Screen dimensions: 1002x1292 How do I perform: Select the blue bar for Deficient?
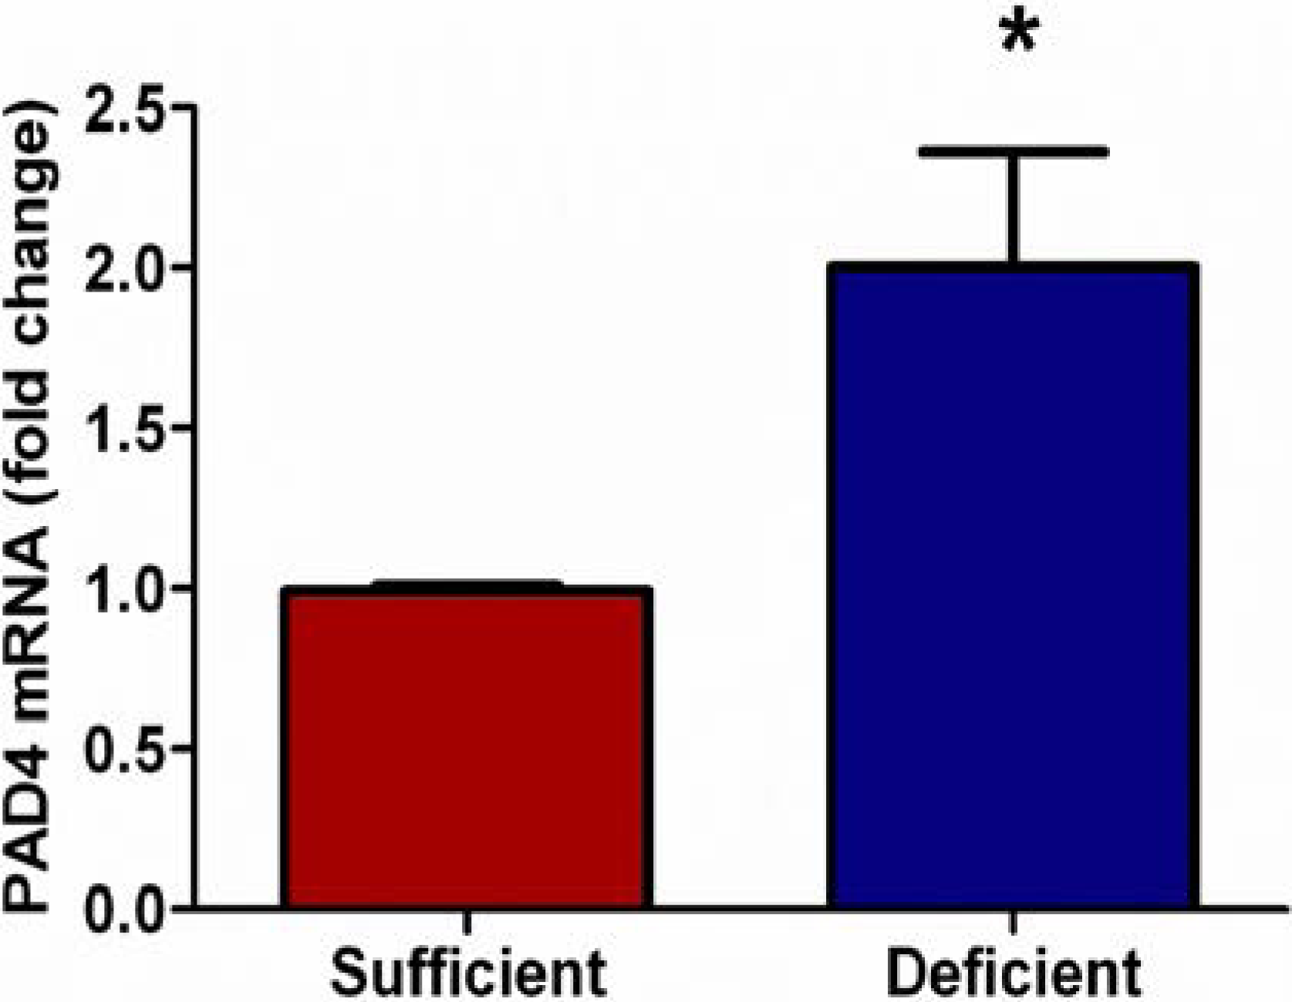(x=1012, y=586)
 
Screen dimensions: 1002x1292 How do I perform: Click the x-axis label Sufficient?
(x=467, y=973)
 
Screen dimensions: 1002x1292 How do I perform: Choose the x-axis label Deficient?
(x=1014, y=973)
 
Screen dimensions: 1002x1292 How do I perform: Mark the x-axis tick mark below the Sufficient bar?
(x=467, y=922)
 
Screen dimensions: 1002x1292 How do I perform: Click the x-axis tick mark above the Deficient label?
(x=1014, y=922)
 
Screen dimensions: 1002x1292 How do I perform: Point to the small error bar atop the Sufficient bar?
(x=467, y=585)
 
